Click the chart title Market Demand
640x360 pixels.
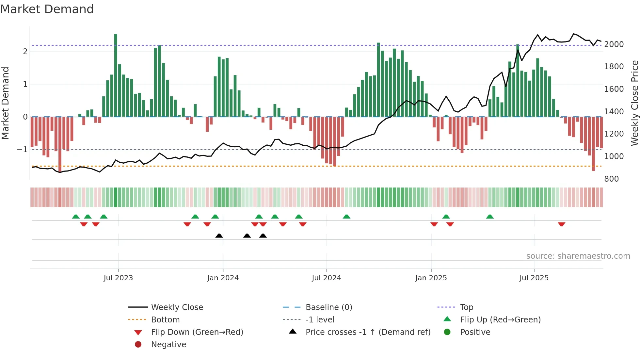coord(47,9)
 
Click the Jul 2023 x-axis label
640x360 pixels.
coord(118,278)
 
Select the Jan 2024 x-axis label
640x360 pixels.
coord(223,278)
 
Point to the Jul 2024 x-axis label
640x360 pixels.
coord(326,278)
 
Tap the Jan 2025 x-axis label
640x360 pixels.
coord(431,278)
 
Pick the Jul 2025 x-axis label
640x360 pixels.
coord(534,278)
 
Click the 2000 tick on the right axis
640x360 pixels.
coord(614,44)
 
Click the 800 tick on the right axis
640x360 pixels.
coord(611,179)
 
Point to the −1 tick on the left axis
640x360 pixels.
coord(22,150)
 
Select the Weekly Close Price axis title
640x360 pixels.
coord(634,103)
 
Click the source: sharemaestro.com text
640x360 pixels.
coord(578,256)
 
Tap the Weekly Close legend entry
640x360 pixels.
coord(177,307)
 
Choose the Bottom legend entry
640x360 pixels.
coord(165,320)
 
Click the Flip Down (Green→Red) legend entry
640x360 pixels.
coord(197,332)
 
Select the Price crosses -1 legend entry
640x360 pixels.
coord(368,332)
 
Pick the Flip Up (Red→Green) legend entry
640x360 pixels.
coord(500,320)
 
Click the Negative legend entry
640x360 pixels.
coord(168,345)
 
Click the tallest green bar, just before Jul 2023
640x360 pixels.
coord(116,75)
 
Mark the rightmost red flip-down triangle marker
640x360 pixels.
coord(561,224)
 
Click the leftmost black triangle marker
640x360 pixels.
coord(219,236)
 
